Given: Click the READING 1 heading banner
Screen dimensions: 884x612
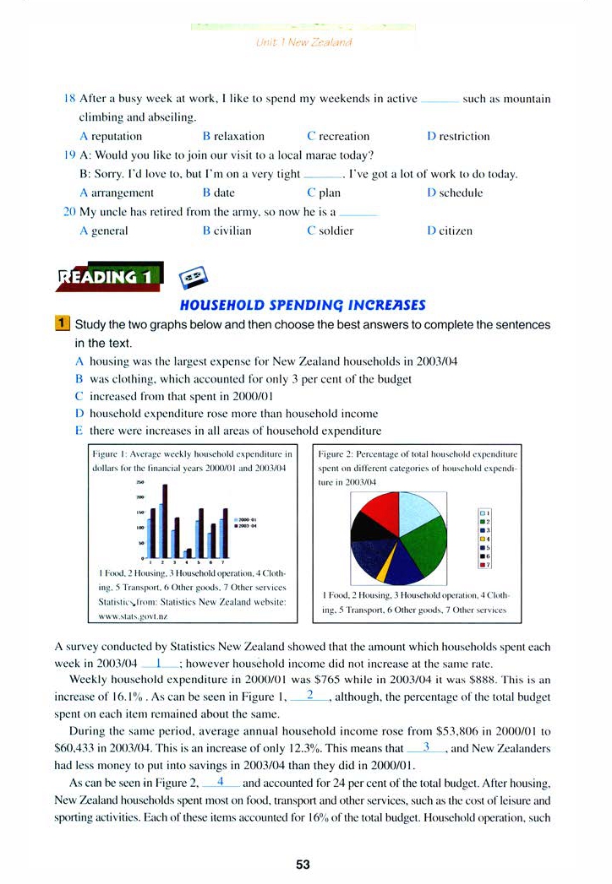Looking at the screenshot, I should tap(108, 277).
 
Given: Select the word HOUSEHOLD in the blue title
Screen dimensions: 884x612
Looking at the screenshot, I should tap(218, 305).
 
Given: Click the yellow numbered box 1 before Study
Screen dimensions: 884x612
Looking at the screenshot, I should tap(62, 324).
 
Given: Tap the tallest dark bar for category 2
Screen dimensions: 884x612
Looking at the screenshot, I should tap(166, 521).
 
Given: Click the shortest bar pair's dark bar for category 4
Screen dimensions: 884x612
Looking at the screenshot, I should tap(189, 552).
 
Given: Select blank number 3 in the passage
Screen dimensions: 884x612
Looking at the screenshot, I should tap(426, 747).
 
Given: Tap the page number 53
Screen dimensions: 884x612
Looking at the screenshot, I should tap(304, 864).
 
